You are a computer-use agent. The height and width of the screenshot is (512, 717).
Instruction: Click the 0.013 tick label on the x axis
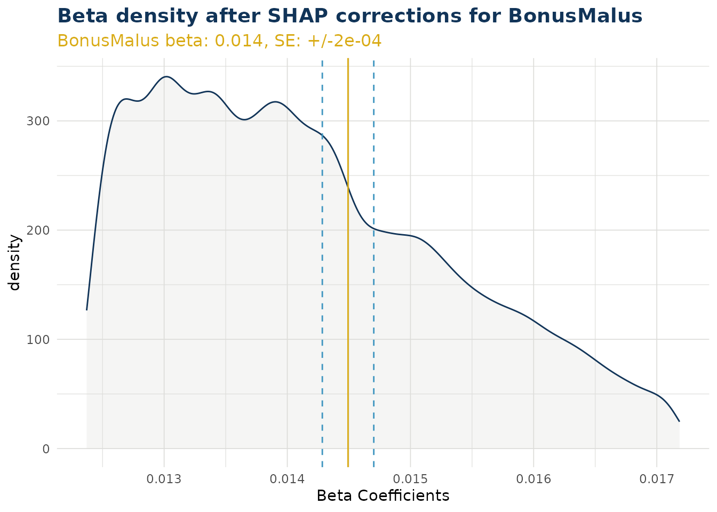pyautogui.click(x=164, y=478)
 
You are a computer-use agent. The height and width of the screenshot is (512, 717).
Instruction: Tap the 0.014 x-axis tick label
pyautogui.click(x=287, y=478)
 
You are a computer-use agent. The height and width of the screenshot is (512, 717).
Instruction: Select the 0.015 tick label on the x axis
pyautogui.click(x=410, y=478)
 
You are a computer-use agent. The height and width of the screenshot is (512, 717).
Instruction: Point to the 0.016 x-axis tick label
pyautogui.click(x=533, y=478)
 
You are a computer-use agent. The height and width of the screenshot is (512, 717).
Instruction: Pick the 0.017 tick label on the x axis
pyautogui.click(x=657, y=478)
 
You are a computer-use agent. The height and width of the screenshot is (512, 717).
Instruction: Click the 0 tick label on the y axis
pyautogui.click(x=45, y=449)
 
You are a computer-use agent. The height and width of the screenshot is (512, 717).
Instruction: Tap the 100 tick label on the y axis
pyautogui.click(x=38, y=340)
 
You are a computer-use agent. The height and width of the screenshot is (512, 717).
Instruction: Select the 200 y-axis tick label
pyautogui.click(x=38, y=230)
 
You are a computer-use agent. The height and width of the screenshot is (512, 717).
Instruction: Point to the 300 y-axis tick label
pyautogui.click(x=38, y=121)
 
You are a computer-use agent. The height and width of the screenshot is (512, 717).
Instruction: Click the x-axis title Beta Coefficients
pyautogui.click(x=383, y=496)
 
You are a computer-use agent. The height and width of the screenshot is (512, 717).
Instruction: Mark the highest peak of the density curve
pyautogui.click(x=166, y=77)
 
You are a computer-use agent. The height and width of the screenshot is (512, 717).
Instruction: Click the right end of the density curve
pyautogui.click(x=679, y=421)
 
